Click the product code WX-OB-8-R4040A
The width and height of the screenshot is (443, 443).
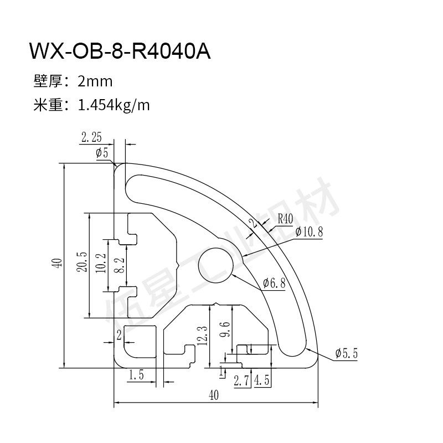(120, 53)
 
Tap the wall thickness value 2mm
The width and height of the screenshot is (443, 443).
(95, 82)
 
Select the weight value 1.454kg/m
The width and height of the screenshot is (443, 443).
(115, 104)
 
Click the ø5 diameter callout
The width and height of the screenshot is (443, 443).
(102, 153)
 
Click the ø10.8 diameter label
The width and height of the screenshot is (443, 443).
(309, 232)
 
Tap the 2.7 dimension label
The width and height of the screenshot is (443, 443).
(241, 380)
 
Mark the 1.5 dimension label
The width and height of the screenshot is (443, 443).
(136, 375)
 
